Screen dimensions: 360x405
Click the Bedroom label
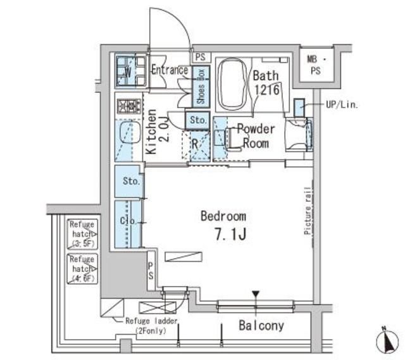pos(223,216)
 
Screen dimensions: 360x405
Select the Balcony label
pos(261,326)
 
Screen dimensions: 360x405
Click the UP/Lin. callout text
pos(342,105)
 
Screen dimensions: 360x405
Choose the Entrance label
pos(169,70)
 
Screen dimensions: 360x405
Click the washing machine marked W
pos(129,71)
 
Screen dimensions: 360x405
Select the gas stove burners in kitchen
pos(129,106)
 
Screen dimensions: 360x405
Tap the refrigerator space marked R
pos(196,144)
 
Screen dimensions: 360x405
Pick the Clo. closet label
pos(127,221)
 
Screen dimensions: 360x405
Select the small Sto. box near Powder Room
pos(197,119)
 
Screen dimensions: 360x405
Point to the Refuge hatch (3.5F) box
pos(82,233)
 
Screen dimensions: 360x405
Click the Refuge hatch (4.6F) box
pos(82,268)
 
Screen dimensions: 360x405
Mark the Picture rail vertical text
pos(307,211)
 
